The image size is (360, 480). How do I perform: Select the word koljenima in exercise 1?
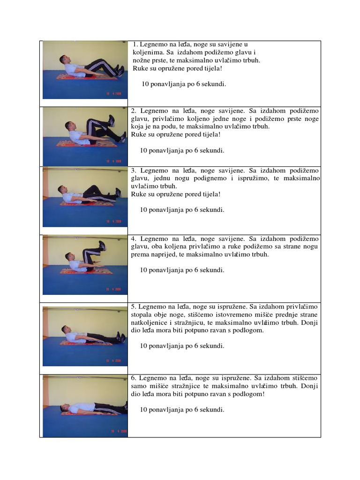click(148, 52)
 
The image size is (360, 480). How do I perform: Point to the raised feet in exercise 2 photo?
click(112, 120)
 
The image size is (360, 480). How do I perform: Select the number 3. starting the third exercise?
click(134, 171)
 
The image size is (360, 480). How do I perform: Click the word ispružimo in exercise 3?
click(263, 179)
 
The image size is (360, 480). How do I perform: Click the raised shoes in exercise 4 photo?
click(102, 245)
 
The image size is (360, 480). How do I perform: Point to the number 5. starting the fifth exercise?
click(134, 306)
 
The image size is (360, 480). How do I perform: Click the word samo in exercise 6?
click(138, 386)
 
